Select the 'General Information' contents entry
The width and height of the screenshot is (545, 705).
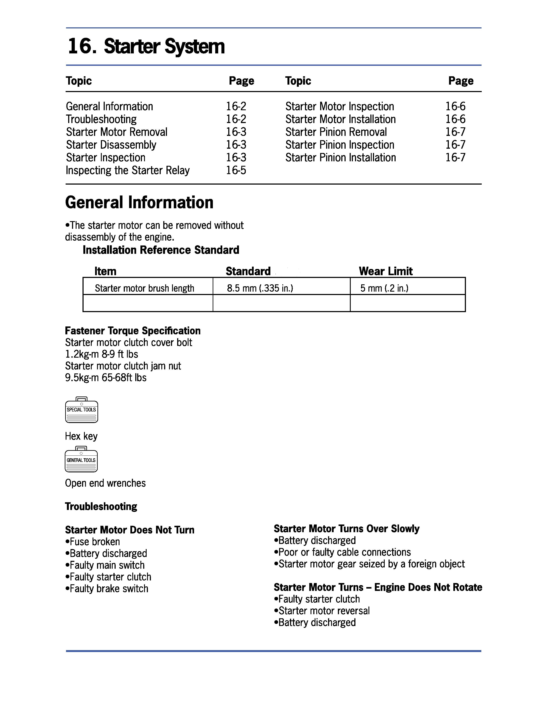click(x=109, y=107)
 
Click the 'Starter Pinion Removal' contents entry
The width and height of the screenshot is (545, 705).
click(x=336, y=132)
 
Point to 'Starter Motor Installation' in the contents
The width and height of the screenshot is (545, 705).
click(x=341, y=119)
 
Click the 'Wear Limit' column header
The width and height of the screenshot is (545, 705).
click(x=386, y=271)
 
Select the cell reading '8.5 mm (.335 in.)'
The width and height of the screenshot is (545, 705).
click(x=260, y=288)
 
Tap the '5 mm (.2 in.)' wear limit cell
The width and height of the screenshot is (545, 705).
click(x=384, y=288)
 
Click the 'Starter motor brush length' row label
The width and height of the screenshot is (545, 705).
click(x=144, y=288)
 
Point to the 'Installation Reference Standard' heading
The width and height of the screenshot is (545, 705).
click(x=161, y=250)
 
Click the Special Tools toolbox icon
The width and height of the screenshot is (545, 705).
click(x=82, y=410)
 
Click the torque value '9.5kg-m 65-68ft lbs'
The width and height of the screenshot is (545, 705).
click(x=106, y=378)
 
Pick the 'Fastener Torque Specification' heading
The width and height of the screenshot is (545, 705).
click(x=133, y=331)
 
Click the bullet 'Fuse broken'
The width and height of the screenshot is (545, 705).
click(x=93, y=542)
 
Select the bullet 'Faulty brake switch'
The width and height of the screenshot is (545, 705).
click(x=107, y=589)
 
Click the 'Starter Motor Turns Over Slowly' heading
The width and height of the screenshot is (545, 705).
click(x=346, y=529)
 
